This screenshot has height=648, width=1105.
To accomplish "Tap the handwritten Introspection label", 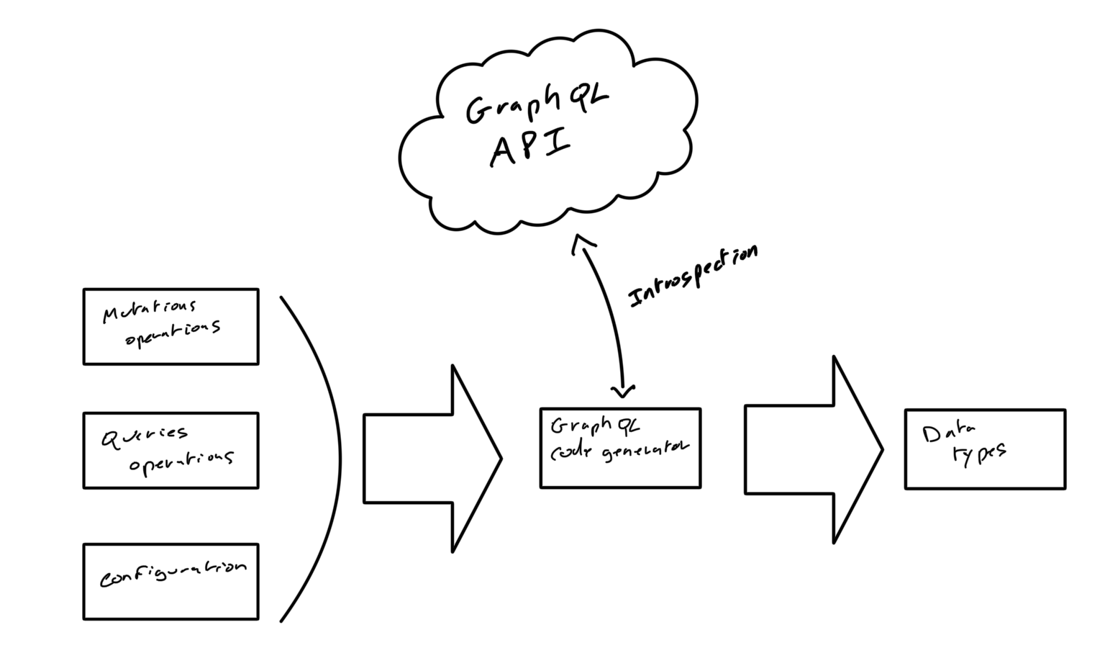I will (x=693, y=276).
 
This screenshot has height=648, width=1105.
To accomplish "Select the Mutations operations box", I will (x=170, y=327).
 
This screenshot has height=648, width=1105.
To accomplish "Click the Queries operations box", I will (x=170, y=451).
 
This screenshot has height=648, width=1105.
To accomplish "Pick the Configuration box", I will (x=170, y=581).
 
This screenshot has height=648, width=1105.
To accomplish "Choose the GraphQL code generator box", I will (x=620, y=448).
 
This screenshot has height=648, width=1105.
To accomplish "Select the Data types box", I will (x=985, y=449).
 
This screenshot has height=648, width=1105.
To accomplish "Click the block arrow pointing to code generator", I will (x=432, y=459).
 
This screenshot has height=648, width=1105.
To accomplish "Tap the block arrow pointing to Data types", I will (x=813, y=450).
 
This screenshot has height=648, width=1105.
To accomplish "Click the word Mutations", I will (x=149, y=312).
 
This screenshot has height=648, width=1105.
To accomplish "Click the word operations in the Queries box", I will (x=181, y=461).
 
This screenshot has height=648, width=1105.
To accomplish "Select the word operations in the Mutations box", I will (x=173, y=333).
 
